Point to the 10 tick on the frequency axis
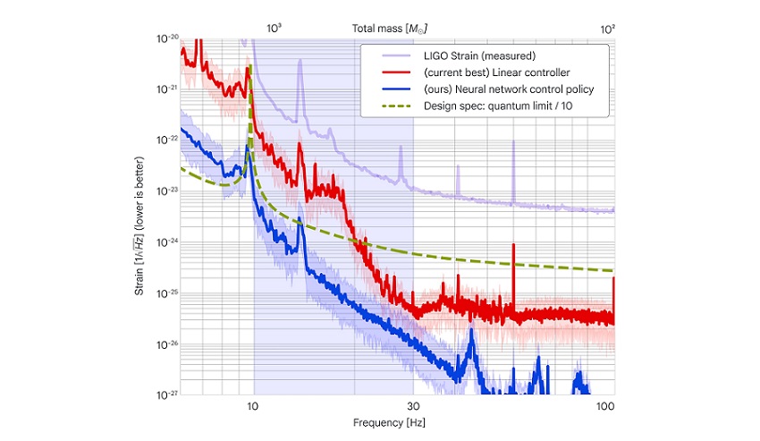[254, 405]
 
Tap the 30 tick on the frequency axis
[413, 405]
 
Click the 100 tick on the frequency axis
[605, 405]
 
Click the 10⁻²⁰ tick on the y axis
[167, 39]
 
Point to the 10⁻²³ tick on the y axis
[167, 191]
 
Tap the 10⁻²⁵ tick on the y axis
[167, 293]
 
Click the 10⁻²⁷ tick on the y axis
[167, 394]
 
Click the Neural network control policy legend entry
[510, 90]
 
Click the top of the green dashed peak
[250, 66]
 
